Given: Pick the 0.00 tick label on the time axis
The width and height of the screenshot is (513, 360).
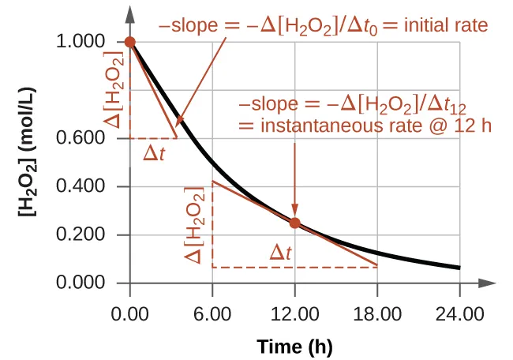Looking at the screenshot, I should (x=130, y=314).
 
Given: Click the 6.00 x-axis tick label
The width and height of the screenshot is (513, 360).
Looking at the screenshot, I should (x=212, y=314).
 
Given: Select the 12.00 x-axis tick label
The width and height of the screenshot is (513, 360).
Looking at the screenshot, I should (x=294, y=314).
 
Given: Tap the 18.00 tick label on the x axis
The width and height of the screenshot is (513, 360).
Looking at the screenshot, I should (x=377, y=314).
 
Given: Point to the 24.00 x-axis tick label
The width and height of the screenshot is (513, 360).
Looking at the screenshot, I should (x=459, y=314).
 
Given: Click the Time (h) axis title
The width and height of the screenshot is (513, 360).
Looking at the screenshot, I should (x=294, y=347).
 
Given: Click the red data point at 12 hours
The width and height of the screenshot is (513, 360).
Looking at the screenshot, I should (x=294, y=223).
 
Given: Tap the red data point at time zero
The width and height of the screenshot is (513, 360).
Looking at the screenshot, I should (x=130, y=42).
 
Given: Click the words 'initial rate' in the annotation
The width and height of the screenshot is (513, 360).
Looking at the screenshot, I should (x=447, y=25).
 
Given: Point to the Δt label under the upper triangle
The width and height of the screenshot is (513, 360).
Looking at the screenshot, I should (x=154, y=153).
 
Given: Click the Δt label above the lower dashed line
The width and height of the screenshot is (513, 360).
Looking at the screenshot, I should (x=281, y=253).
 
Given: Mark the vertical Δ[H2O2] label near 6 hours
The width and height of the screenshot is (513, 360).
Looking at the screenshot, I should (x=200, y=225).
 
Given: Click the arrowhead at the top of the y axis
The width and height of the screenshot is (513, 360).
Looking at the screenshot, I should (x=130, y=13).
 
